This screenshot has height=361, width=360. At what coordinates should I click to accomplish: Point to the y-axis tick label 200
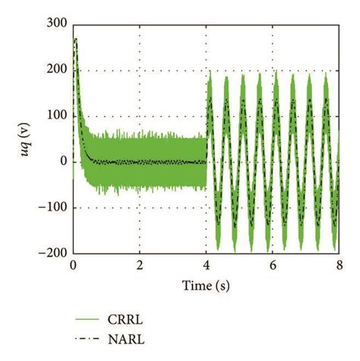(55, 70)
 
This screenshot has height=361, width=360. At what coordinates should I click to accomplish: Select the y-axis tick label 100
(55, 116)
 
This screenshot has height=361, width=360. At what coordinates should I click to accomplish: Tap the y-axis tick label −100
(52, 207)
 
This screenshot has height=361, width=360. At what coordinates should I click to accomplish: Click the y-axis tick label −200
(52, 252)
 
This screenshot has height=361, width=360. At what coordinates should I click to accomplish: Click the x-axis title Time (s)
(206, 285)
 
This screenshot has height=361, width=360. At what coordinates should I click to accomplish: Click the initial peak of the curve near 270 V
(75, 39)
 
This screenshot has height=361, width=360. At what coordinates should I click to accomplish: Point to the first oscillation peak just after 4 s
(210, 73)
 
